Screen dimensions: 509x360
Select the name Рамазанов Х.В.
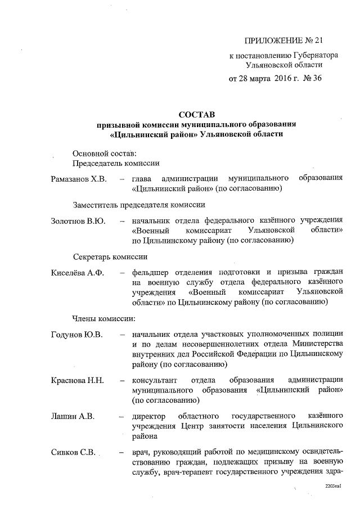(78, 179)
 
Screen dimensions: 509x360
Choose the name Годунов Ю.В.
(76, 335)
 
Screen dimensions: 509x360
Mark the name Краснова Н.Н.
(76, 380)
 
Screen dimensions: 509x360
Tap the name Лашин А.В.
(72, 416)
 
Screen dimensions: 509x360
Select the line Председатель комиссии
(116, 164)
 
